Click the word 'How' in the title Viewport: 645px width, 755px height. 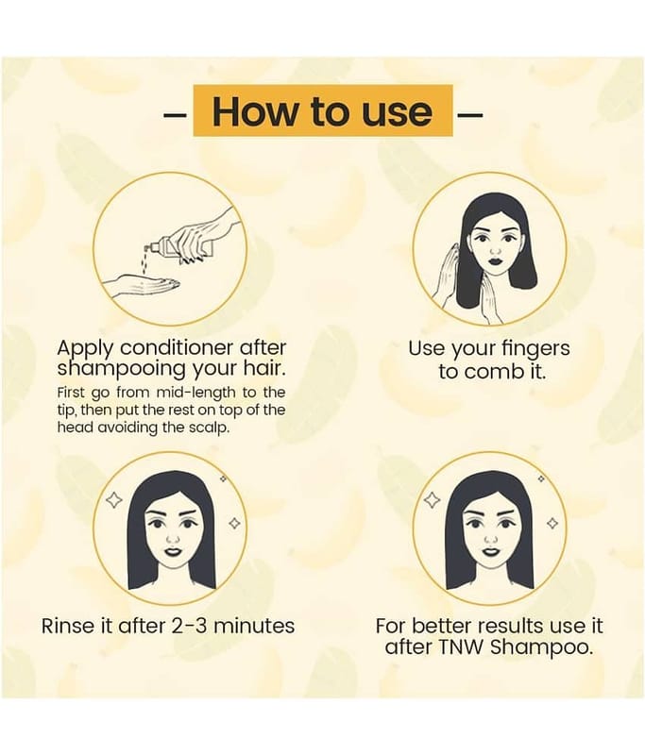click(x=254, y=111)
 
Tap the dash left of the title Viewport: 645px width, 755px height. click(x=176, y=115)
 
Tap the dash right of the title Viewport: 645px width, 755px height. click(x=469, y=115)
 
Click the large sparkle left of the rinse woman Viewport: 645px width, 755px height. click(x=114, y=500)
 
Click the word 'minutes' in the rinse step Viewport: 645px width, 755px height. click(x=254, y=626)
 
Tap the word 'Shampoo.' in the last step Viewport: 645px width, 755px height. click(x=540, y=647)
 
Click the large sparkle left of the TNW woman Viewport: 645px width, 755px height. click(x=433, y=500)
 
